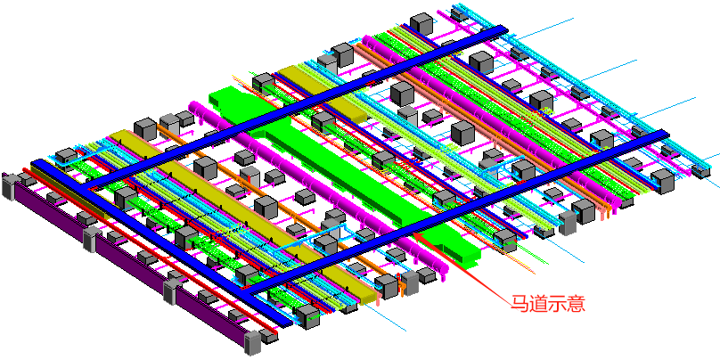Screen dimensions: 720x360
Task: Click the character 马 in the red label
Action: pos(520,304)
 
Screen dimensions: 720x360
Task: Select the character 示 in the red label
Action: pos(558,304)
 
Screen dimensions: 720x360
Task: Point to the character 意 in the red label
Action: pos(577,304)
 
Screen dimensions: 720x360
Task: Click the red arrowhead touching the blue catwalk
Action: pos(418,236)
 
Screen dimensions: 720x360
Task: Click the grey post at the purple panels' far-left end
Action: pos(8,187)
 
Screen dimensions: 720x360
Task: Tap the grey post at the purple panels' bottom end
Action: pos(252,343)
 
